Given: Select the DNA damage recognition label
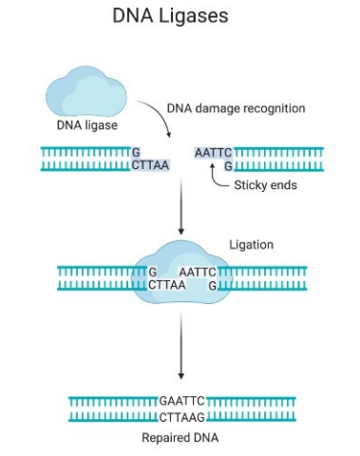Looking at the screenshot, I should (x=236, y=108).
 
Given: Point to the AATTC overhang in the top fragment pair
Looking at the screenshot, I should (x=213, y=152).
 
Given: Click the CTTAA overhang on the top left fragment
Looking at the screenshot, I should (x=148, y=165).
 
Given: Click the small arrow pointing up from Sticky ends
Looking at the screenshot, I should (x=212, y=176).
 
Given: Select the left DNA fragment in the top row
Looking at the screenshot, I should (x=85, y=159).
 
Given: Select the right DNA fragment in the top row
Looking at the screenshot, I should (x=276, y=159).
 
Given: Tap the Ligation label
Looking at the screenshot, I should (x=251, y=245).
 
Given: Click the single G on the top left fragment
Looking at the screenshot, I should (x=136, y=152).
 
